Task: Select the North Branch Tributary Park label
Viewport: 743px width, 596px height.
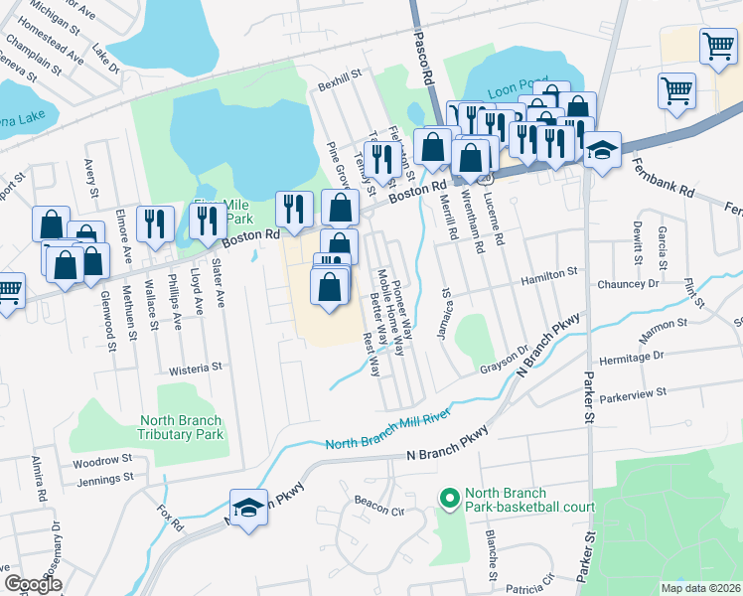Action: pyautogui.click(x=181, y=427)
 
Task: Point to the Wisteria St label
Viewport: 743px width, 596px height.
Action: pyautogui.click(x=195, y=368)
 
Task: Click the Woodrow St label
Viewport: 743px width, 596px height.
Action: pyautogui.click(x=102, y=461)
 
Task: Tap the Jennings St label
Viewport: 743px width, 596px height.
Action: pyautogui.click(x=105, y=479)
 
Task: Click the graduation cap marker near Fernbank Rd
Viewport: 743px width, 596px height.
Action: pyautogui.click(x=602, y=151)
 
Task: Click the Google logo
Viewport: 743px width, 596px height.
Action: pyautogui.click(x=33, y=584)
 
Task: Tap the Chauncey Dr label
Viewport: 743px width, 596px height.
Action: pyautogui.click(x=628, y=284)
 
